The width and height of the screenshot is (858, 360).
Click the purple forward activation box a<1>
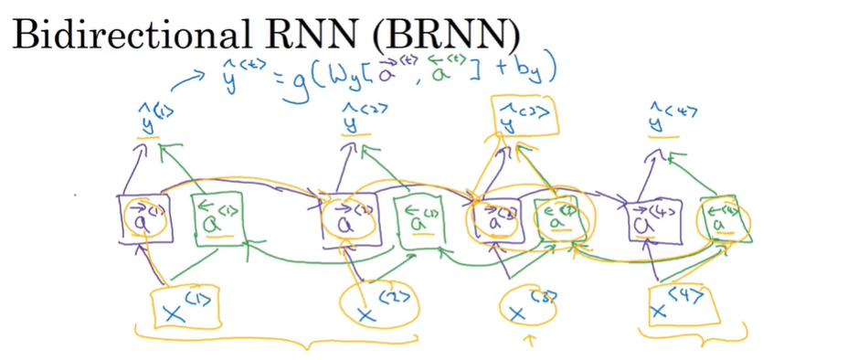(x=140, y=217)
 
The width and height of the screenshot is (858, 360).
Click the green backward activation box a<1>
(x=216, y=217)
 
